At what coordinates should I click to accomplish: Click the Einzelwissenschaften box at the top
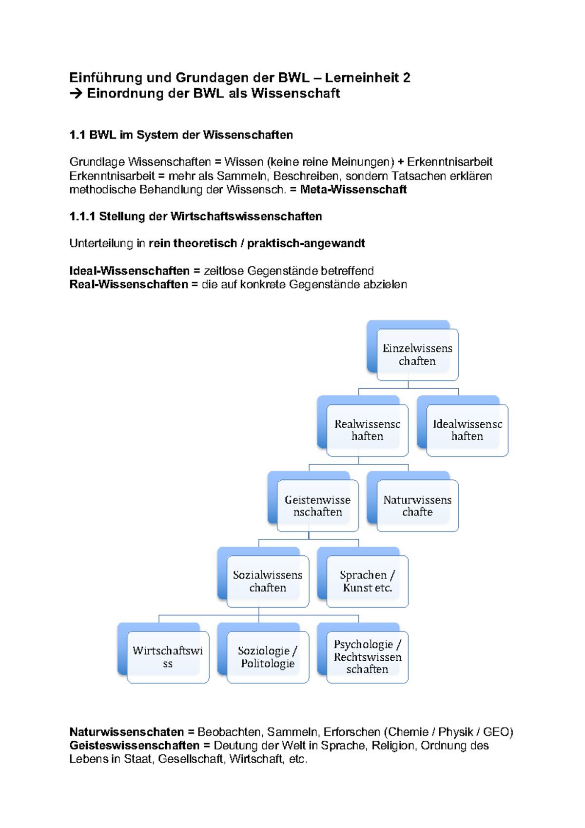(x=417, y=355)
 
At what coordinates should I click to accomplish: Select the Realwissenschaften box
(x=367, y=430)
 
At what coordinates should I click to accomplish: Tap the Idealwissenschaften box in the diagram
(x=467, y=430)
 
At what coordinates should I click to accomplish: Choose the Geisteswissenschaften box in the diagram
(x=317, y=506)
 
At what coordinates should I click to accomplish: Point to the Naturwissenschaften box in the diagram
(x=417, y=506)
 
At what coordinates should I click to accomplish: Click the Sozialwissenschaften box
(x=267, y=581)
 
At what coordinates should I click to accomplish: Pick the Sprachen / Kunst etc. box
(x=367, y=581)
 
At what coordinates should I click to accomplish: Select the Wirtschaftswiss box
(x=168, y=657)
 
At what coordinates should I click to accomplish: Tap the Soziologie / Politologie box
(x=267, y=657)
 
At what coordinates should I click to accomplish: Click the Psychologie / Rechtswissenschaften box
(x=367, y=657)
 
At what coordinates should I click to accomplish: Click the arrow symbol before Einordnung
(x=76, y=94)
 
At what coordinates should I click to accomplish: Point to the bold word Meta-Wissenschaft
(x=353, y=190)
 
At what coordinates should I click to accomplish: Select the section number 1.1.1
(x=82, y=217)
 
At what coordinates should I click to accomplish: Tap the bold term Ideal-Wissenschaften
(x=129, y=271)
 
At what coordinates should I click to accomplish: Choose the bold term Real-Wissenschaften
(x=129, y=285)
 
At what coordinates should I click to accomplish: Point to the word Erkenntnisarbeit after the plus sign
(x=449, y=162)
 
